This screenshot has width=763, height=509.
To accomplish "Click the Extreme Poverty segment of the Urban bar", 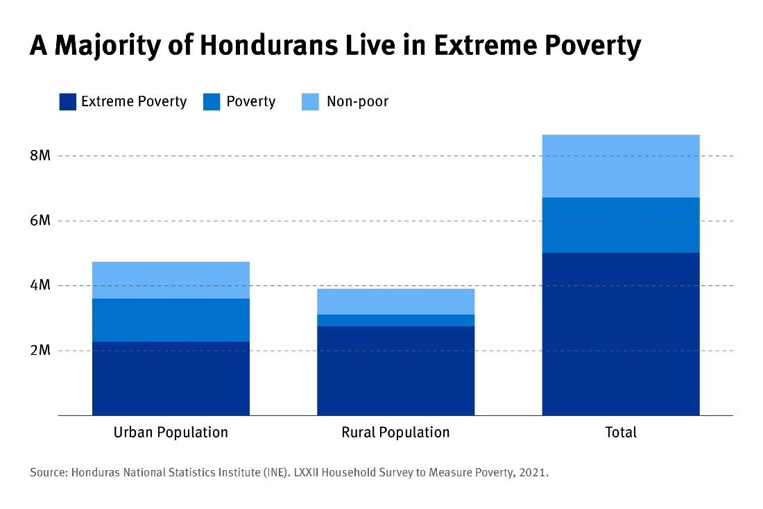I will pos(171,378).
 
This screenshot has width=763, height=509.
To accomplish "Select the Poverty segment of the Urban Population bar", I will pos(171,320).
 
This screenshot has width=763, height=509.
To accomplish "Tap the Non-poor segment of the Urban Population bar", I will pos(171,280).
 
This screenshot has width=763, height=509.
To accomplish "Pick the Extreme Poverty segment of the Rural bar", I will pos(395,371).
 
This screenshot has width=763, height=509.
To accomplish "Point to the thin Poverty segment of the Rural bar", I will pos(395,320).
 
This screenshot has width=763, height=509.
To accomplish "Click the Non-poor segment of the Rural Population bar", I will pos(395,301).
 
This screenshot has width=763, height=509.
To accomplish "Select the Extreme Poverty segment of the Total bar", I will pos(620,334).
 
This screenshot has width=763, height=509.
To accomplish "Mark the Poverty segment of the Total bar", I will pos(620,225).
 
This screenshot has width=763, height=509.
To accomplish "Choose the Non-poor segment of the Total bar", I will pos(620,166).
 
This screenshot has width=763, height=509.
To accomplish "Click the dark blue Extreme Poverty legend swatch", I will pos(67,102).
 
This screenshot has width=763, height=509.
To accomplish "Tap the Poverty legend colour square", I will pos(212,102).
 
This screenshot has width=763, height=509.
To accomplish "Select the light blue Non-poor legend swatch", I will pos(310,102).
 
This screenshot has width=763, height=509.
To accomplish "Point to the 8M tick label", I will pos(40,156).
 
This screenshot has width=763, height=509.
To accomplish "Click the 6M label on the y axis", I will pos(40,221).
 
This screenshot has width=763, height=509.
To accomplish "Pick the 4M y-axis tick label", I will pos(40,285).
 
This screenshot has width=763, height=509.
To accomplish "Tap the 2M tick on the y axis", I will pos(40,351).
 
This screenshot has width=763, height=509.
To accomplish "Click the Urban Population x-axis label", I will pos(171,433).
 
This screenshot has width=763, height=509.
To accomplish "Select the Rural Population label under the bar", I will pos(395,433).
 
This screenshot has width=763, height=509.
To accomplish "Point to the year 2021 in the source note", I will pos(534,473).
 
